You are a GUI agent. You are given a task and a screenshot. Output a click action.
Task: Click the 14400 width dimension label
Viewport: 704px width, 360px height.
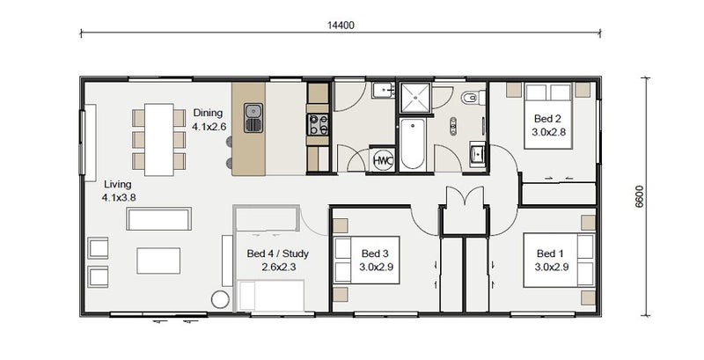(341, 26)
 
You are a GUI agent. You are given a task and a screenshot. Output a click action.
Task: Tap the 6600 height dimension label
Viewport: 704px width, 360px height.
(640, 196)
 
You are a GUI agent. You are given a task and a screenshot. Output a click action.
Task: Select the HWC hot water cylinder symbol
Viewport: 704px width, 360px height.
(383, 160)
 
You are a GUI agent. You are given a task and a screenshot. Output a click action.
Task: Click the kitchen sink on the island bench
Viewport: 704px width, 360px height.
(253, 118)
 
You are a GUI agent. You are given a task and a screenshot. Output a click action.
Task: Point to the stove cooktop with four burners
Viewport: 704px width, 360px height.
(318, 124)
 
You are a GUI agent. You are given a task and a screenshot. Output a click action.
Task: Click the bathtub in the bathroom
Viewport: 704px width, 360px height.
(412, 144)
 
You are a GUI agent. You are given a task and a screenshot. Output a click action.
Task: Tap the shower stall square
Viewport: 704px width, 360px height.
(415, 98)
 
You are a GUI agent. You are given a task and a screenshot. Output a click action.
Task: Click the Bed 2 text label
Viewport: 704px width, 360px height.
(547, 119)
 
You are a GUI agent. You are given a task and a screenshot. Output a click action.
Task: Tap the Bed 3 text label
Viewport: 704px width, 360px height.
(375, 253)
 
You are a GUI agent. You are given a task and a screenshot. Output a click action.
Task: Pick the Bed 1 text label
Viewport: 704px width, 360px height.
(550, 253)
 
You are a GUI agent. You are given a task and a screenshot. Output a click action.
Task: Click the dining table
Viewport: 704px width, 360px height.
(159, 140)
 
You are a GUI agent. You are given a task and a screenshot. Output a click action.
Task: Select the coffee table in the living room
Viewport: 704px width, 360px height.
(158, 261)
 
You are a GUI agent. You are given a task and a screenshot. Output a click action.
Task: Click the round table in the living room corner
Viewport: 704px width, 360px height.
(220, 299)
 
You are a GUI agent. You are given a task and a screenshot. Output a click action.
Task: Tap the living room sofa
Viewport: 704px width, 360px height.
(159, 218)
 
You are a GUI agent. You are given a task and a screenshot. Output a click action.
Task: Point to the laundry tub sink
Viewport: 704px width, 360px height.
(383, 91)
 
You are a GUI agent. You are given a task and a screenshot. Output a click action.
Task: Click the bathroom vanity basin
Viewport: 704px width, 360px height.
(478, 154)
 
